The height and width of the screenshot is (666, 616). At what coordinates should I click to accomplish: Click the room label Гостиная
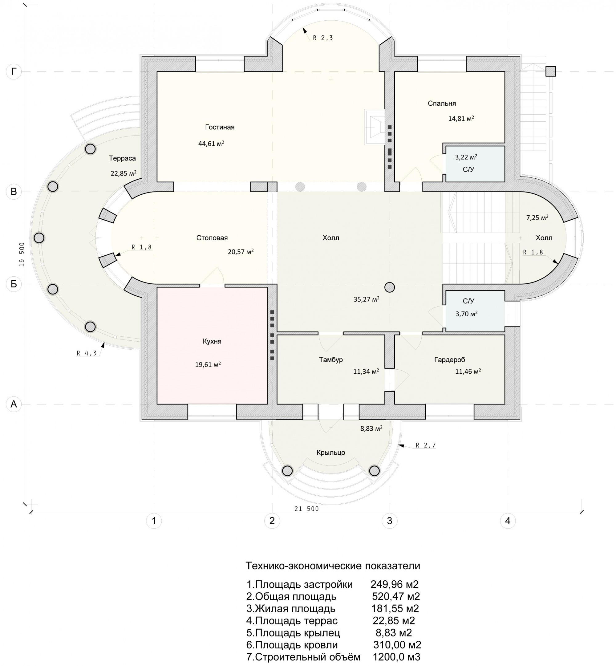point(220,127)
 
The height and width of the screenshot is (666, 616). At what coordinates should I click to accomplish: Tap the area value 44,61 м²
point(211,144)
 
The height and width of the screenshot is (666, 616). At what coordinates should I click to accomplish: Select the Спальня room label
point(442,103)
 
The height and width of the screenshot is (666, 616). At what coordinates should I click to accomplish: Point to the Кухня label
point(212,341)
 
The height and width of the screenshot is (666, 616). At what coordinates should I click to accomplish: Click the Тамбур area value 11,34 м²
point(366,371)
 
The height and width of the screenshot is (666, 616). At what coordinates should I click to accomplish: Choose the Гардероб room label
point(449,360)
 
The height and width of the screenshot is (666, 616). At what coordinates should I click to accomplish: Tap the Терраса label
point(122,158)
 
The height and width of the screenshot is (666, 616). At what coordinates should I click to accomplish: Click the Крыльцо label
point(331,453)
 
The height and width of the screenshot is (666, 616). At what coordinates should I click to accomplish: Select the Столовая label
point(212,238)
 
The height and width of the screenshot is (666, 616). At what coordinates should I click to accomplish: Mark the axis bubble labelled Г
point(14,71)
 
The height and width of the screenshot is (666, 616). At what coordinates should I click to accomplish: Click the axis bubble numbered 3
point(389,521)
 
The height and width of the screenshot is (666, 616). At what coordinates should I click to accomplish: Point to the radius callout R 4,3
point(87,353)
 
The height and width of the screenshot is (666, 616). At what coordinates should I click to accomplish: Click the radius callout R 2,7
point(426,445)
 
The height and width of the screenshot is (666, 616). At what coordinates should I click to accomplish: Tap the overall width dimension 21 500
point(307,509)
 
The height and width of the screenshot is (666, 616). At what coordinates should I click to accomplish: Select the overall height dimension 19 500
point(22,254)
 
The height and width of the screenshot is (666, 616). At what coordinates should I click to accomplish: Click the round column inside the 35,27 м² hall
point(390,287)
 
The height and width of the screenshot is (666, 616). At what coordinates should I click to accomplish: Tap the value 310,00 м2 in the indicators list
point(397,645)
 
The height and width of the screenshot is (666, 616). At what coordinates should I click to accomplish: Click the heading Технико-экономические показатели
point(333,566)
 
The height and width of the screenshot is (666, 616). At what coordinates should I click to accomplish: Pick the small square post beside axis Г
point(551,71)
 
